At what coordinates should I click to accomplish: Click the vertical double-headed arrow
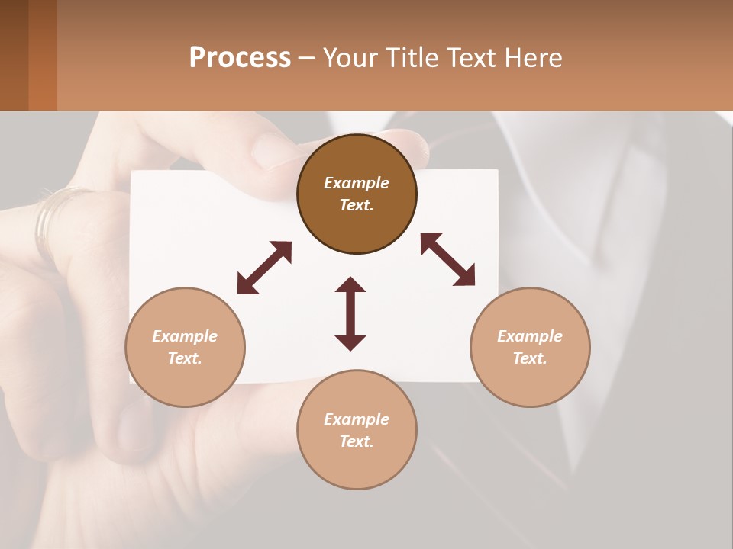pos(350,314)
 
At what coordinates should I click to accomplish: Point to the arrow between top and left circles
pos(264,268)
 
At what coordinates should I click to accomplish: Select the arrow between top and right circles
pos(447,259)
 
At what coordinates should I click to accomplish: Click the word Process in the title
pos(240,58)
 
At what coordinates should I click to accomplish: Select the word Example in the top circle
pos(357,183)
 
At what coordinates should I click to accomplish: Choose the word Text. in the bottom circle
pos(357,441)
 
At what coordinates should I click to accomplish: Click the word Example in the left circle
pos(185,336)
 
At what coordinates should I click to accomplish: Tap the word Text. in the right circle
pos(530,358)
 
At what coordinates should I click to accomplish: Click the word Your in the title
pos(350,58)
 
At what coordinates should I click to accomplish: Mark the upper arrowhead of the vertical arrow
pos(350,285)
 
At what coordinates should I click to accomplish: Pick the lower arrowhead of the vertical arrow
pos(350,342)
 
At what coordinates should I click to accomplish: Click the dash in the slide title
pos(307,59)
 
